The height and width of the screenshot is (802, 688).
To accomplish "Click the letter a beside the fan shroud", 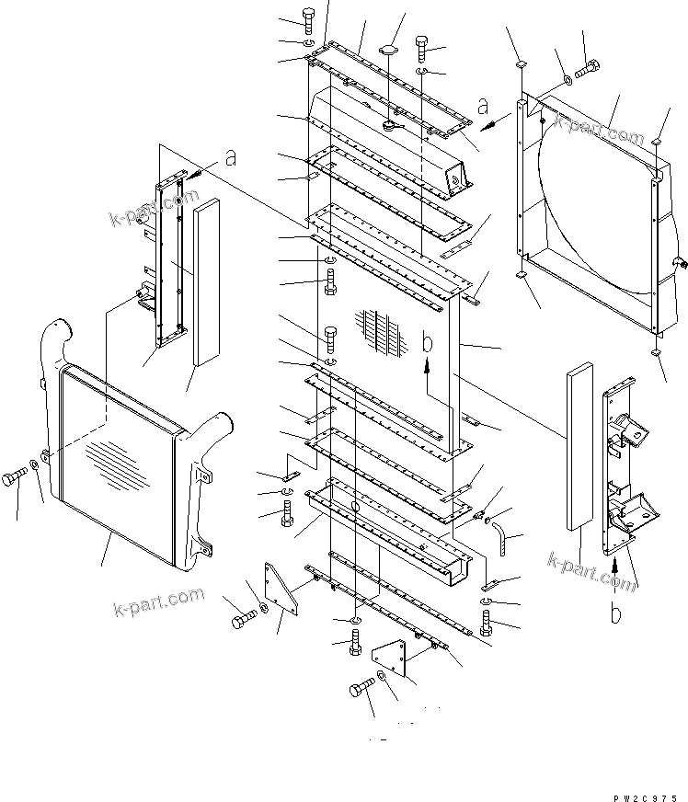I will tap(484, 107).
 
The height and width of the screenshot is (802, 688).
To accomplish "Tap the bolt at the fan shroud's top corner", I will tap(588, 67).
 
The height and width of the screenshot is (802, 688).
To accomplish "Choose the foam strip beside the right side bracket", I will tap(579, 446).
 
